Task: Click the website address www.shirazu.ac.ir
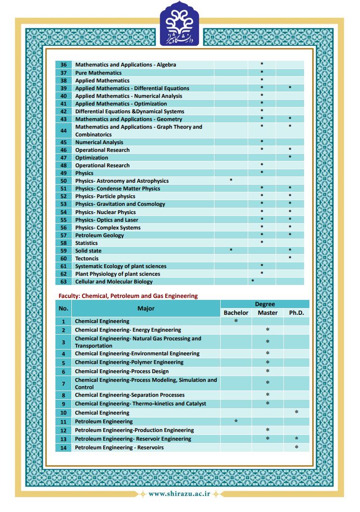click(x=179, y=494)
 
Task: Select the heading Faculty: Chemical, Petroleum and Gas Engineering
click(x=128, y=296)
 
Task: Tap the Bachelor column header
click(x=236, y=313)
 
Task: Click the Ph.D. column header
click(x=296, y=313)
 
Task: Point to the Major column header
click(x=146, y=309)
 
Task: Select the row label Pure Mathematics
click(x=98, y=73)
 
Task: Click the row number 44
click(x=64, y=131)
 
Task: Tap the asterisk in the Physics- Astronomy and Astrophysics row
click(x=231, y=180)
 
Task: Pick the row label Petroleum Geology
click(x=99, y=235)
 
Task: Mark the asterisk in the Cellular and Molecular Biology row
click(x=253, y=281)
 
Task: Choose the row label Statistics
click(x=86, y=243)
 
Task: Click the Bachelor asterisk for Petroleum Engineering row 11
click(x=236, y=421)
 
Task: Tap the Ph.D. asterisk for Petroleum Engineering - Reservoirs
click(x=296, y=447)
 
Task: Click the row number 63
click(x=64, y=282)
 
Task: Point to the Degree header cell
click(x=265, y=304)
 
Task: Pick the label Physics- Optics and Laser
click(x=107, y=220)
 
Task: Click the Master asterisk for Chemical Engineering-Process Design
click(x=267, y=371)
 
